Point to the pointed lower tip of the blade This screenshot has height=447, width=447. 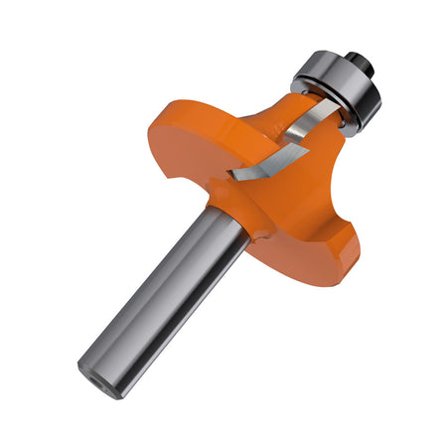click(x=230, y=177)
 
